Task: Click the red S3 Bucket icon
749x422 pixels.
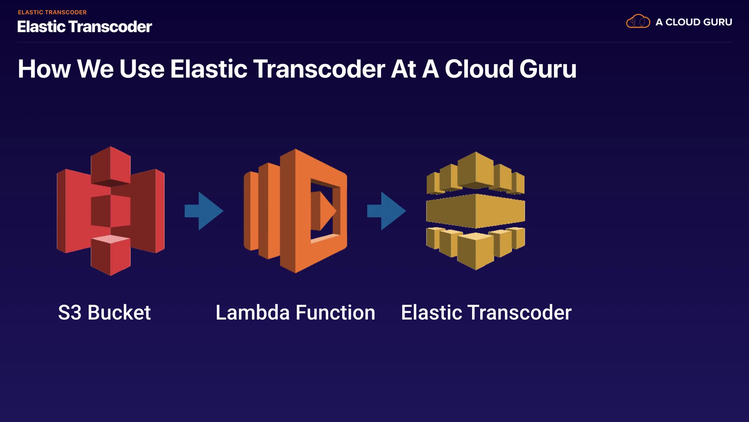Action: pyautogui.click(x=111, y=211)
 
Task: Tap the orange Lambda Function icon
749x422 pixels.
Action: pyautogui.click(x=295, y=211)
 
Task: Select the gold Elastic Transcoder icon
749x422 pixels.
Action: pyautogui.click(x=476, y=211)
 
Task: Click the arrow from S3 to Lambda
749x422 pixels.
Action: pyautogui.click(x=204, y=211)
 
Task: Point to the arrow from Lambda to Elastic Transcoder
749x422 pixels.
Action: pyautogui.click(x=386, y=211)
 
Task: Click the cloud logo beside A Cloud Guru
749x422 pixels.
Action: pyautogui.click(x=638, y=21)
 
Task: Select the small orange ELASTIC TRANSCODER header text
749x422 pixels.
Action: pyautogui.click(x=52, y=13)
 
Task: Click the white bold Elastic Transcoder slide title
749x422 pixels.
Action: pyautogui.click(x=85, y=27)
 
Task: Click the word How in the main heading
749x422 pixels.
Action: pyautogui.click(x=44, y=69)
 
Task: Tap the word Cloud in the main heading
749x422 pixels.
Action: pyautogui.click(x=479, y=69)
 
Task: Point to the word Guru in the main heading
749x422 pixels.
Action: pyautogui.click(x=548, y=69)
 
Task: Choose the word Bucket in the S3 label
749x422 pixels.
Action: pyautogui.click(x=119, y=313)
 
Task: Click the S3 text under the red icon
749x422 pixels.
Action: pyautogui.click(x=70, y=313)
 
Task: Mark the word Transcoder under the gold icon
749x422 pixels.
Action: pyautogui.click(x=520, y=313)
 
